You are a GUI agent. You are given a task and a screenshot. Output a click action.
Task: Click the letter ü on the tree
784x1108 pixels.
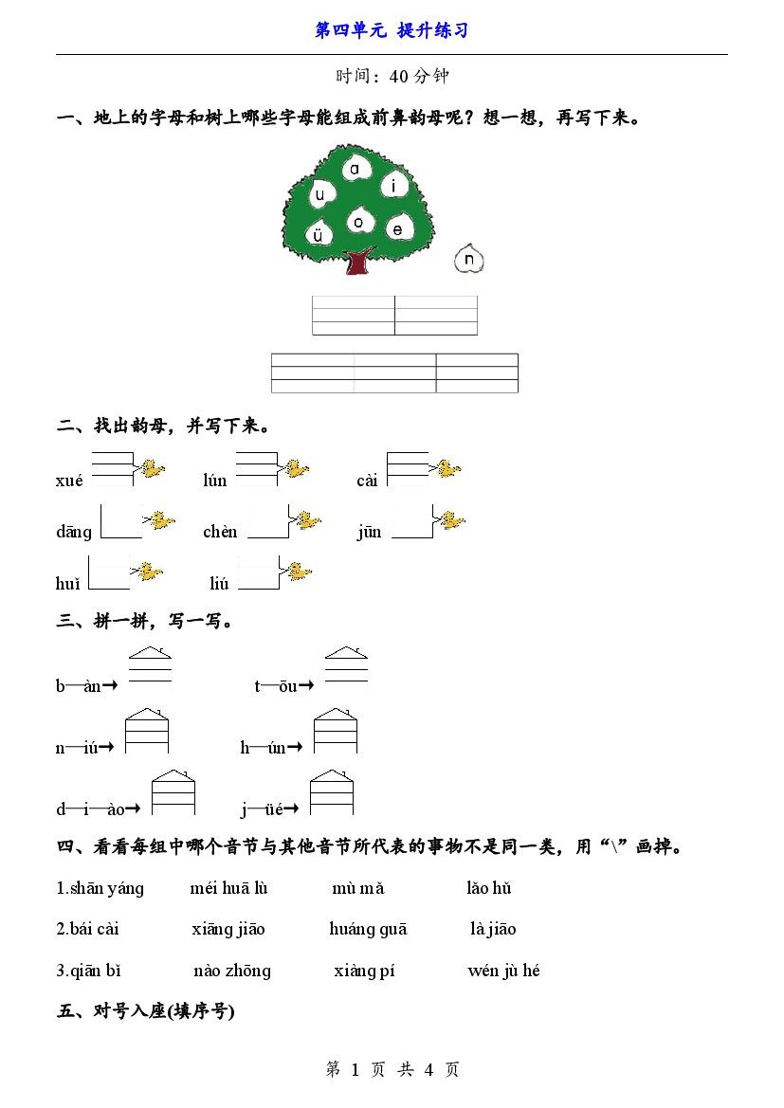pos(318,235)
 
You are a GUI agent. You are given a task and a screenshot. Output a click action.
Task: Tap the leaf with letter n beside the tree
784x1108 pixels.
pos(468,259)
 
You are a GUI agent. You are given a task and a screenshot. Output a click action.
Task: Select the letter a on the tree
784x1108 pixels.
pos(355,169)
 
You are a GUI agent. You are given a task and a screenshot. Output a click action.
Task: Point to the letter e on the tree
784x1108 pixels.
pos(397,229)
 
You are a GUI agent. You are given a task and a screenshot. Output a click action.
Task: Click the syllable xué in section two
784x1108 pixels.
pos(69,481)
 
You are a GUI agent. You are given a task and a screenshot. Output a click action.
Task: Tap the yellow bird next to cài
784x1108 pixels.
pos(447,468)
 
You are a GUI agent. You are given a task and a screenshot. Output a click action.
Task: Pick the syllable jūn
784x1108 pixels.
pos(370,532)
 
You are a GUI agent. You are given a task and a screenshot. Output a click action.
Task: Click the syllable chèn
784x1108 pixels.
pos(220,532)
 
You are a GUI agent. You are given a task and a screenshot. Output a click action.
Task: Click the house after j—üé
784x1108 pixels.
pos(332,792)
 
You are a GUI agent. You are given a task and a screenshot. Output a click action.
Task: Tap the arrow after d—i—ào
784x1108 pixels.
pos(132,808)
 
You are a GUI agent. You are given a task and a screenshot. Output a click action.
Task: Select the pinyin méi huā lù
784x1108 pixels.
pos(229,887)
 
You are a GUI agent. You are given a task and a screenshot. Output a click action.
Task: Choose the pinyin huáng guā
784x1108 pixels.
pos(369,929)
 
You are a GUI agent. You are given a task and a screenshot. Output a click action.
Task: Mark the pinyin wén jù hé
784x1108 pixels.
pos(503,971)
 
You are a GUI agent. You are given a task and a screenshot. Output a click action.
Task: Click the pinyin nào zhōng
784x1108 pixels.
pos(232,971)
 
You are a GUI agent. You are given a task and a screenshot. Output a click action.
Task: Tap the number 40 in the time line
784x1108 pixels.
pos(399,77)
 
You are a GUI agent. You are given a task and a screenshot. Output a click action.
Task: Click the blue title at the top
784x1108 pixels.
pos(392,30)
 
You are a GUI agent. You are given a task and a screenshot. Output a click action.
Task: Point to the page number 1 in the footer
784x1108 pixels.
pos(355,1070)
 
